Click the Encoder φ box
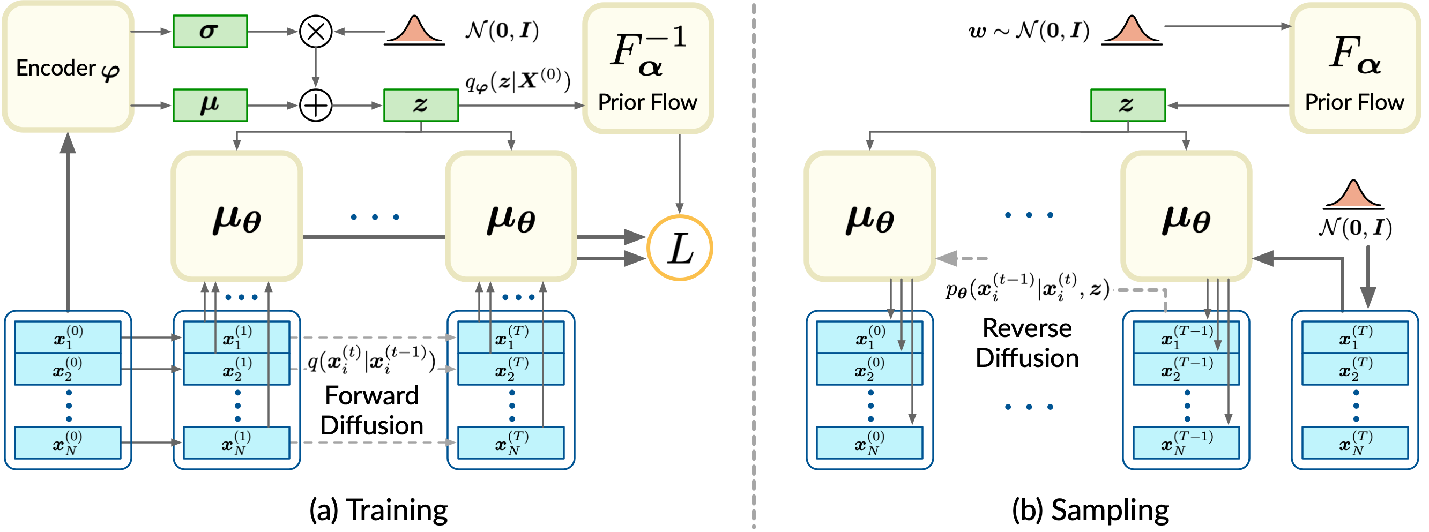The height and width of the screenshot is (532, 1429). pos(68,66)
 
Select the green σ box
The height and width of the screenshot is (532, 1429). pos(210,32)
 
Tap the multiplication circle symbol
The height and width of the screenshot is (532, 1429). pos(316,32)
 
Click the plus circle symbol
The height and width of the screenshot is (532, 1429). pos(316,106)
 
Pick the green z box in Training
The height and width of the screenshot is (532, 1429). pos(421,106)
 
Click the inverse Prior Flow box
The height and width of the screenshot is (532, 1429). pos(647,68)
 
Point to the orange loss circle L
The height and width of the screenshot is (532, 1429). pos(680,248)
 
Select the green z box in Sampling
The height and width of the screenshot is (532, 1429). pos(1128,106)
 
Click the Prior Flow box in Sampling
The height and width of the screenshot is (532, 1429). pos(1354,68)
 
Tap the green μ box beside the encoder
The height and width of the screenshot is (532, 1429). pos(210,106)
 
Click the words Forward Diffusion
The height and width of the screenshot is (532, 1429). pos(371,410)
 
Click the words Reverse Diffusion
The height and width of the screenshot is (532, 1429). pos(1027,343)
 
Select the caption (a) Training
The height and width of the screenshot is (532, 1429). pos(378,510)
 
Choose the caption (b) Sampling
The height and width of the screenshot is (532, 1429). pos(1090,510)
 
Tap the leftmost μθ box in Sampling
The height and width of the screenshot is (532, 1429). pos(869,216)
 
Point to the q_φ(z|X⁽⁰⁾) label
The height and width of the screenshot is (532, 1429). pos(518,81)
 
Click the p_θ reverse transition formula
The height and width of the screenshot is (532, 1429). pos(1027,288)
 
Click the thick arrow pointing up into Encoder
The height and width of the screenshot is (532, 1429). pos(68,222)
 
